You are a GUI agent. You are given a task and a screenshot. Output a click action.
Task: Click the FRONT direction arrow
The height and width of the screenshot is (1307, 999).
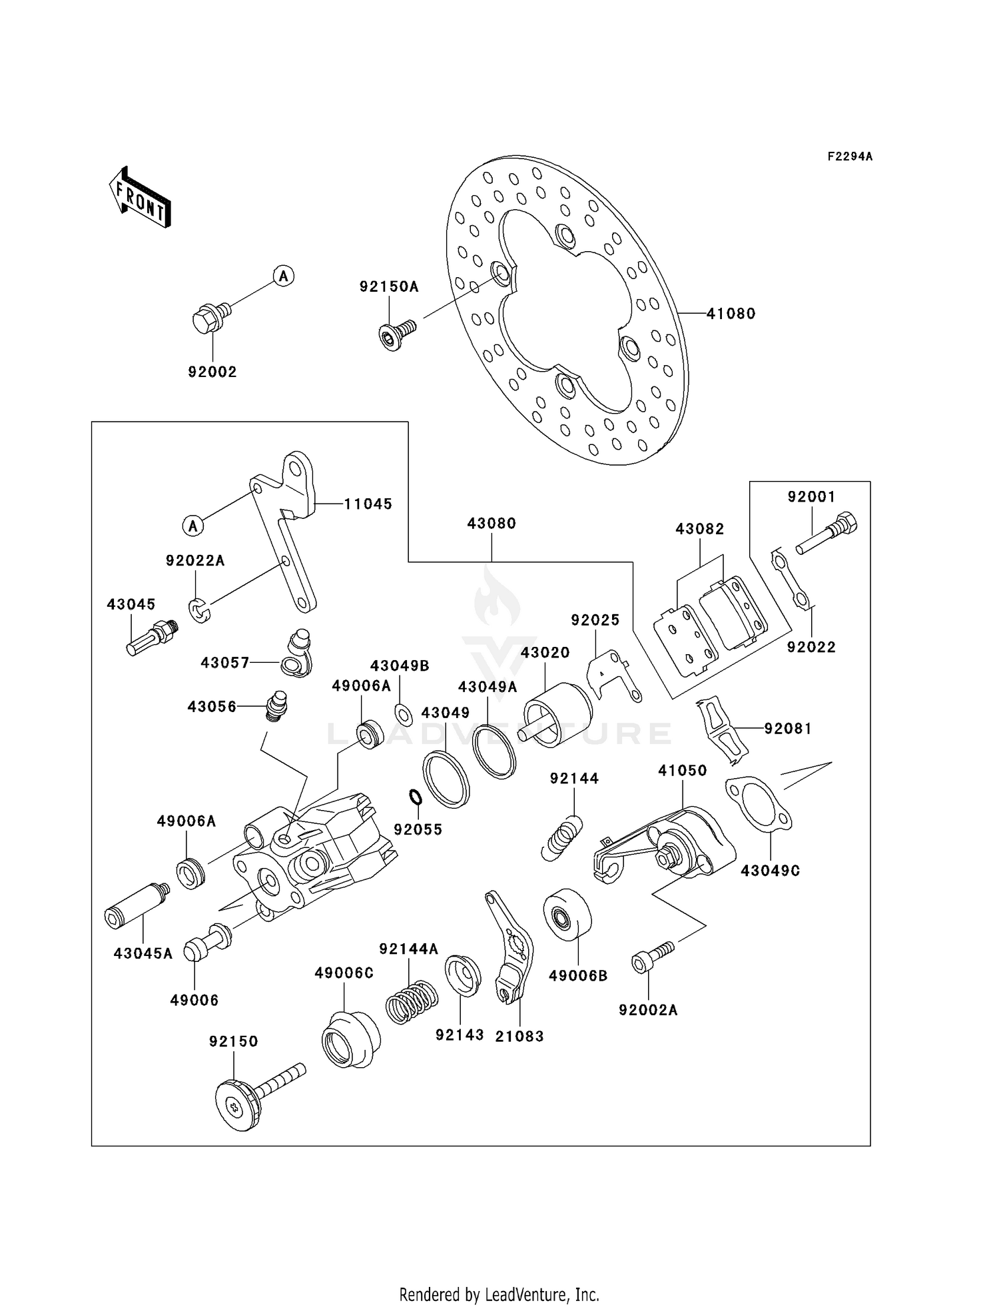[x=141, y=198]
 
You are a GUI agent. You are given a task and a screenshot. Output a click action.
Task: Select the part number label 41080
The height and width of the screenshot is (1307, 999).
[x=731, y=313]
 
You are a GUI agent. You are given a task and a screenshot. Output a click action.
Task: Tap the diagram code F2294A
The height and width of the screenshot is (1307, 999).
[x=849, y=157]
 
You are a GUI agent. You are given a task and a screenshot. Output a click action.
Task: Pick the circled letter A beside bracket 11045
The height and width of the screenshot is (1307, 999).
[x=192, y=526]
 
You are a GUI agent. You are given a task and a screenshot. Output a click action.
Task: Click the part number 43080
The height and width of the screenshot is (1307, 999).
[x=492, y=524]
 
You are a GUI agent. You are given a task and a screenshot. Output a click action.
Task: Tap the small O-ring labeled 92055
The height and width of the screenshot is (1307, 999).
[x=414, y=796]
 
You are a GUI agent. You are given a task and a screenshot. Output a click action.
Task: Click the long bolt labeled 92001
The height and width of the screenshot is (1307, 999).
[x=826, y=534]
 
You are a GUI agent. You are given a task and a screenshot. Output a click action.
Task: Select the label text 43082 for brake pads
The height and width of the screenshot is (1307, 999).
[x=699, y=529]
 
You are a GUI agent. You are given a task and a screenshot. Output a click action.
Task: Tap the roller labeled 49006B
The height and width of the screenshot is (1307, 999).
[x=567, y=919]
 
